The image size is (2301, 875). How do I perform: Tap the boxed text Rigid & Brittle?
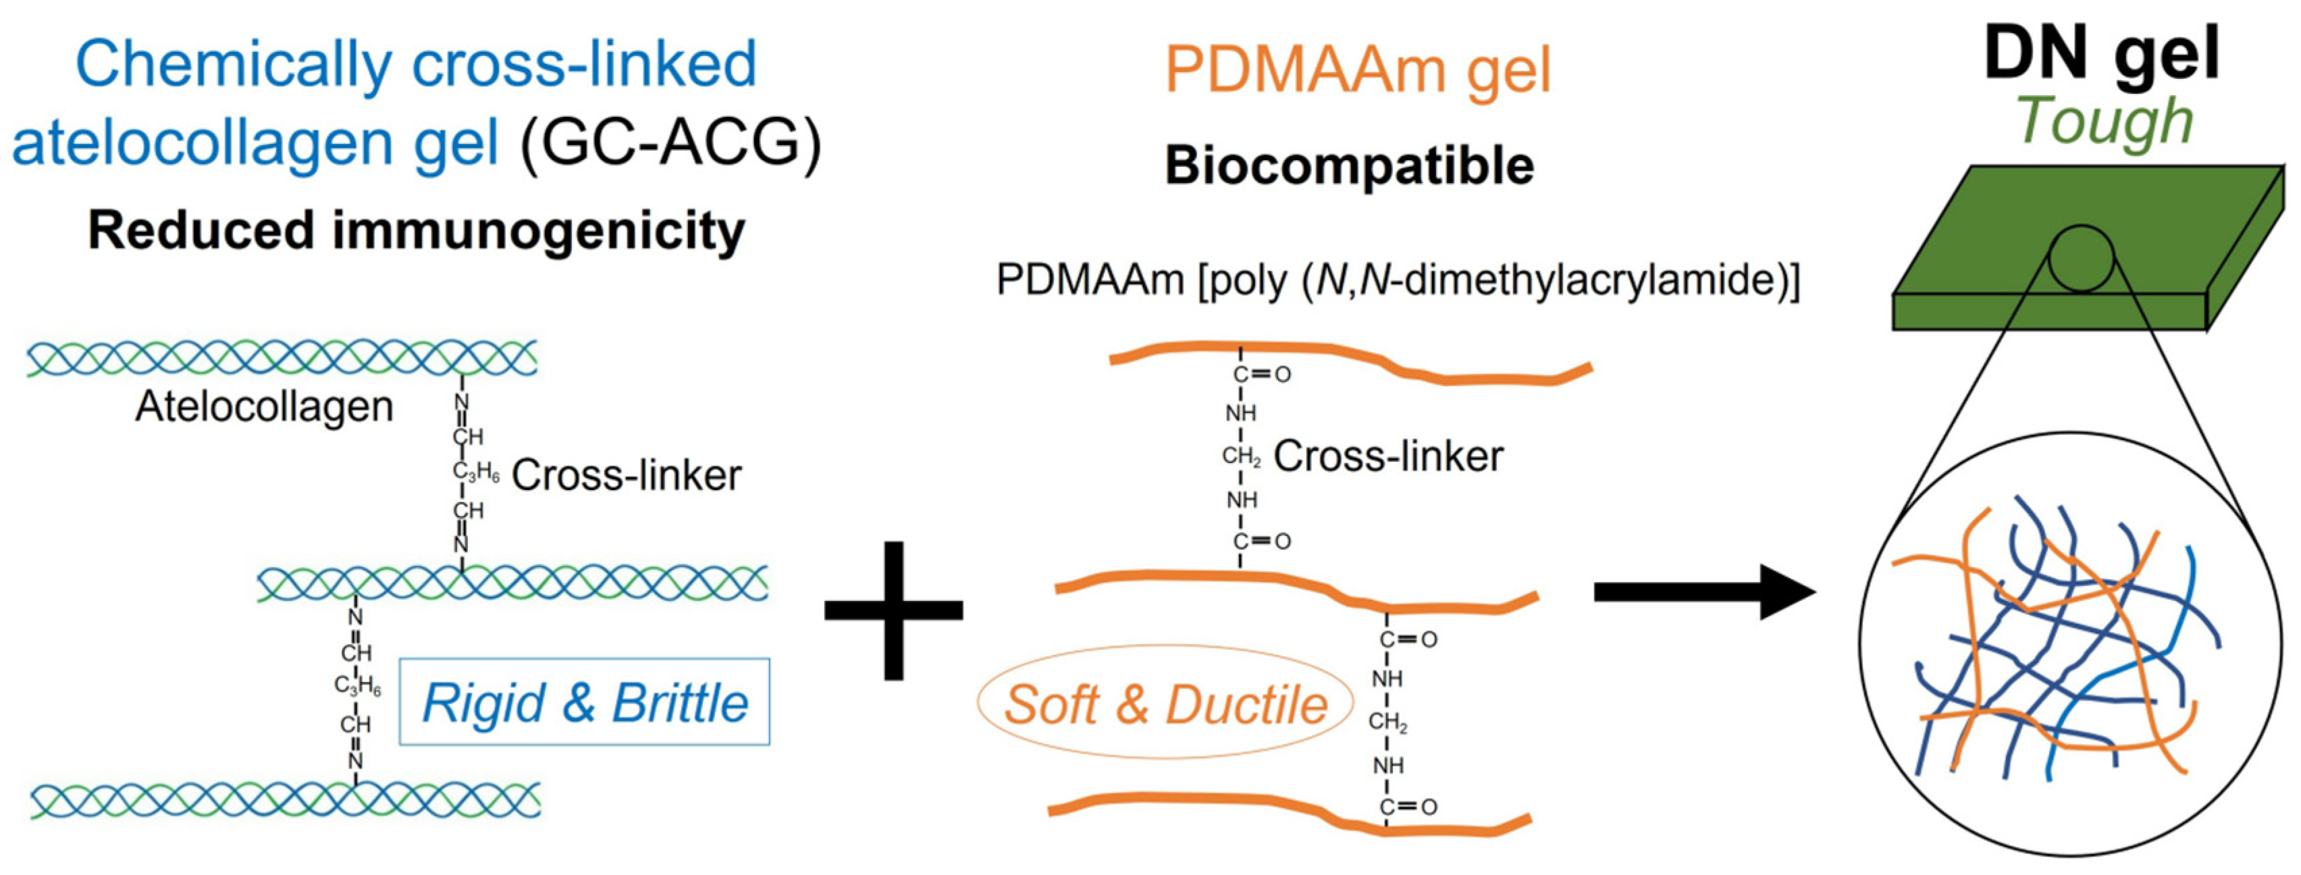click(x=584, y=703)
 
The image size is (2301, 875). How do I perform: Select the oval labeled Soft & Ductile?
click(x=1165, y=704)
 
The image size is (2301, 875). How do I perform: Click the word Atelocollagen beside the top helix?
click(x=265, y=406)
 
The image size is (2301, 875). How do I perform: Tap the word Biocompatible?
click(x=1349, y=165)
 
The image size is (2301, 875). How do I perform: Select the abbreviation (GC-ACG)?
click(x=670, y=143)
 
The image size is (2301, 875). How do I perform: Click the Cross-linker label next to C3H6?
click(x=626, y=475)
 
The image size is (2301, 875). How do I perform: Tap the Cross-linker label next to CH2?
click(x=1388, y=456)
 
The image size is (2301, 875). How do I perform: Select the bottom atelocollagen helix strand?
click(x=286, y=799)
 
